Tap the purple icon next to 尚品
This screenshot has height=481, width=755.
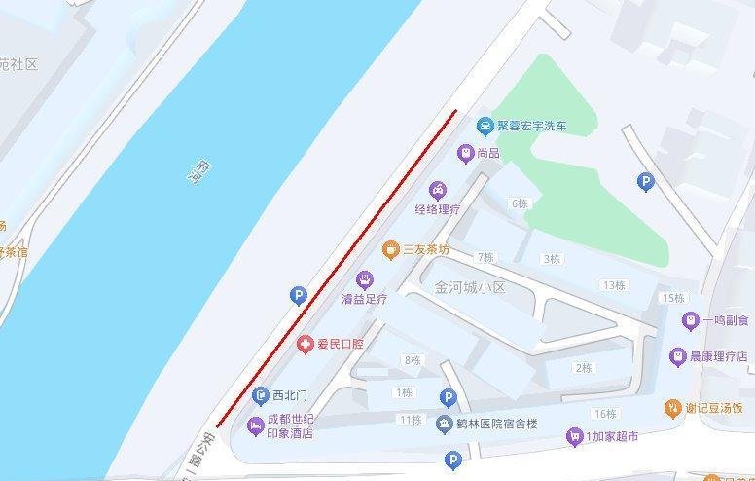click(466, 153)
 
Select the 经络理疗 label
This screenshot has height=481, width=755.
click(437, 209)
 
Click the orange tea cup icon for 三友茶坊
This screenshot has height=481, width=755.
click(391, 250)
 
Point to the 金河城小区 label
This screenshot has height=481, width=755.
click(471, 288)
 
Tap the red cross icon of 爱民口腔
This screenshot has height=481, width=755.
click(306, 344)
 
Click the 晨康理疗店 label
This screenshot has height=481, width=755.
click(718, 357)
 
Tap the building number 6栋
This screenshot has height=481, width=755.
click(520, 203)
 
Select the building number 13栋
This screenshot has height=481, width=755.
click(613, 285)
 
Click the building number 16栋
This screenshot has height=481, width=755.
click(603, 414)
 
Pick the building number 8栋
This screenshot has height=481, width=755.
click(412, 360)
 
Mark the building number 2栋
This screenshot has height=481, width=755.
click(584, 368)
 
